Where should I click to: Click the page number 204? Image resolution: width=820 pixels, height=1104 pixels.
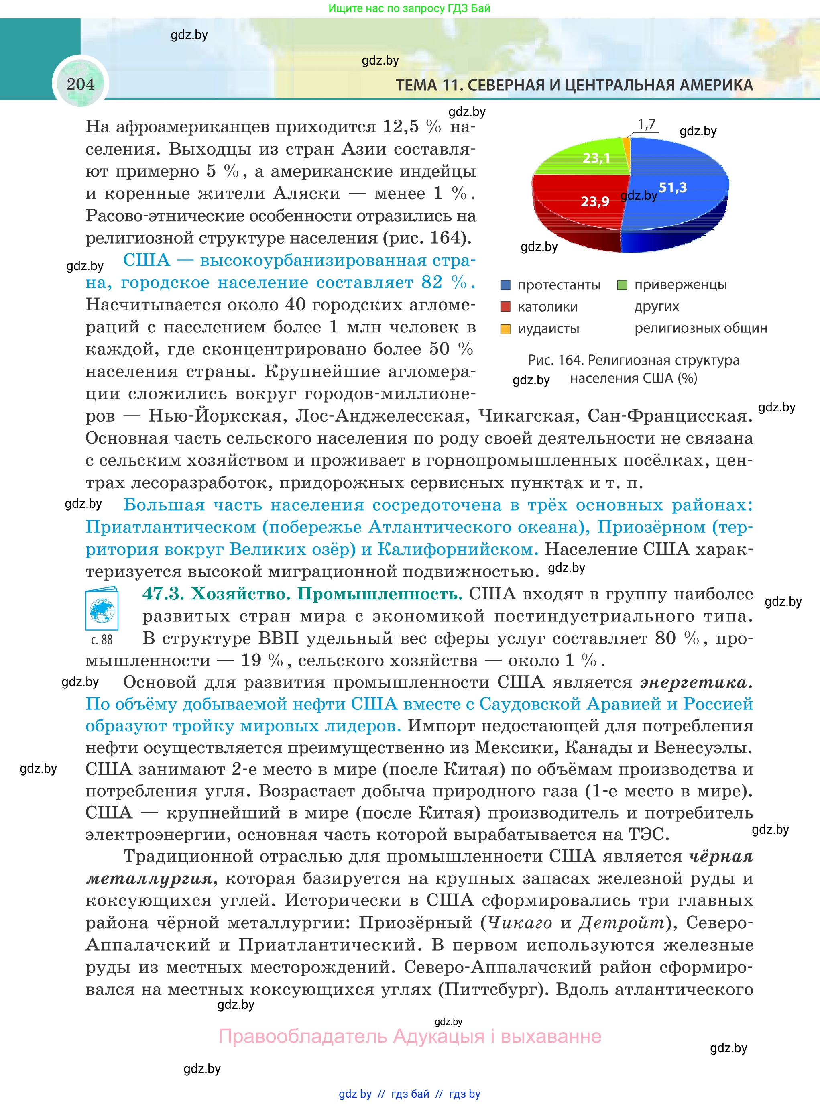pyautogui.click(x=80, y=84)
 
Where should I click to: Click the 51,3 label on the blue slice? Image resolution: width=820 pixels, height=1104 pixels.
pyautogui.click(x=673, y=187)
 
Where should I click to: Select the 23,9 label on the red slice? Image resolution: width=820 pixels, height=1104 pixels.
pyautogui.click(x=595, y=202)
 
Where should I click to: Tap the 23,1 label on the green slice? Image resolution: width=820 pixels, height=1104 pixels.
pyautogui.click(x=596, y=158)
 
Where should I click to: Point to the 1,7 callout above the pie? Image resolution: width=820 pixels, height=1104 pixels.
pyautogui.click(x=646, y=124)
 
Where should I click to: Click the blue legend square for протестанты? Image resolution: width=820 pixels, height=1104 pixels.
pyautogui.click(x=505, y=285)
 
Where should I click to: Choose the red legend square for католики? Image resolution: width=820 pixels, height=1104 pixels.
pyautogui.click(x=505, y=307)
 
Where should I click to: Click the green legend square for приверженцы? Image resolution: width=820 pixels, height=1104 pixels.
pyautogui.click(x=622, y=285)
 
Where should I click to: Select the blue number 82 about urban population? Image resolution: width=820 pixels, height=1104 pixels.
pyautogui.click(x=431, y=283)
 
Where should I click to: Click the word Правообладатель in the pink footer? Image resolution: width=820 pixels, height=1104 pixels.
pyautogui.click(x=302, y=1037)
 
